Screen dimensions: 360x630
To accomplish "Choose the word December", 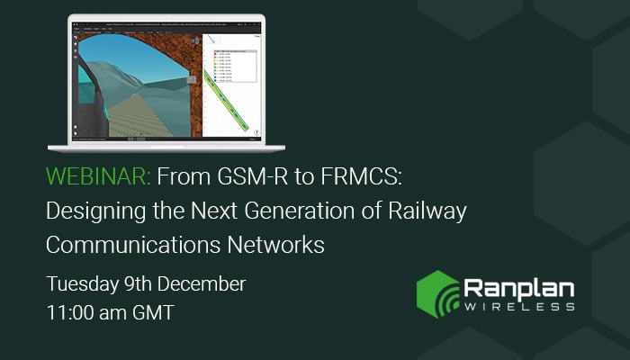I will tap(204, 283).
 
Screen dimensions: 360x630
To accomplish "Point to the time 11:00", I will tap(71, 314).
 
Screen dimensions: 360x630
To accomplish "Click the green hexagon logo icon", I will tap(437, 293).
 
